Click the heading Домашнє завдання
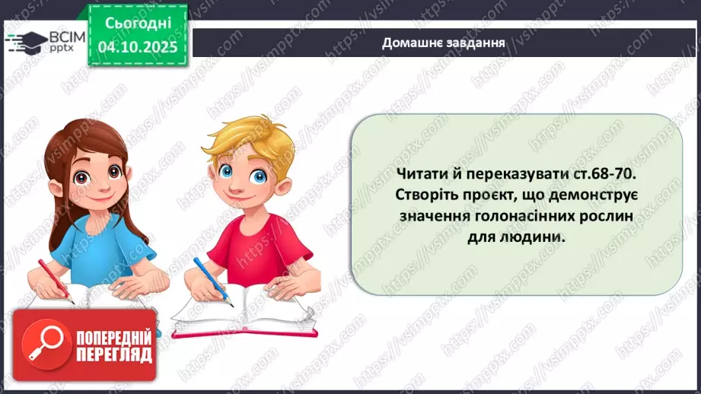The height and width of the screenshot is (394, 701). tap(444, 43)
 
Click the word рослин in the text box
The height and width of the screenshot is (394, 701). tap(611, 216)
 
